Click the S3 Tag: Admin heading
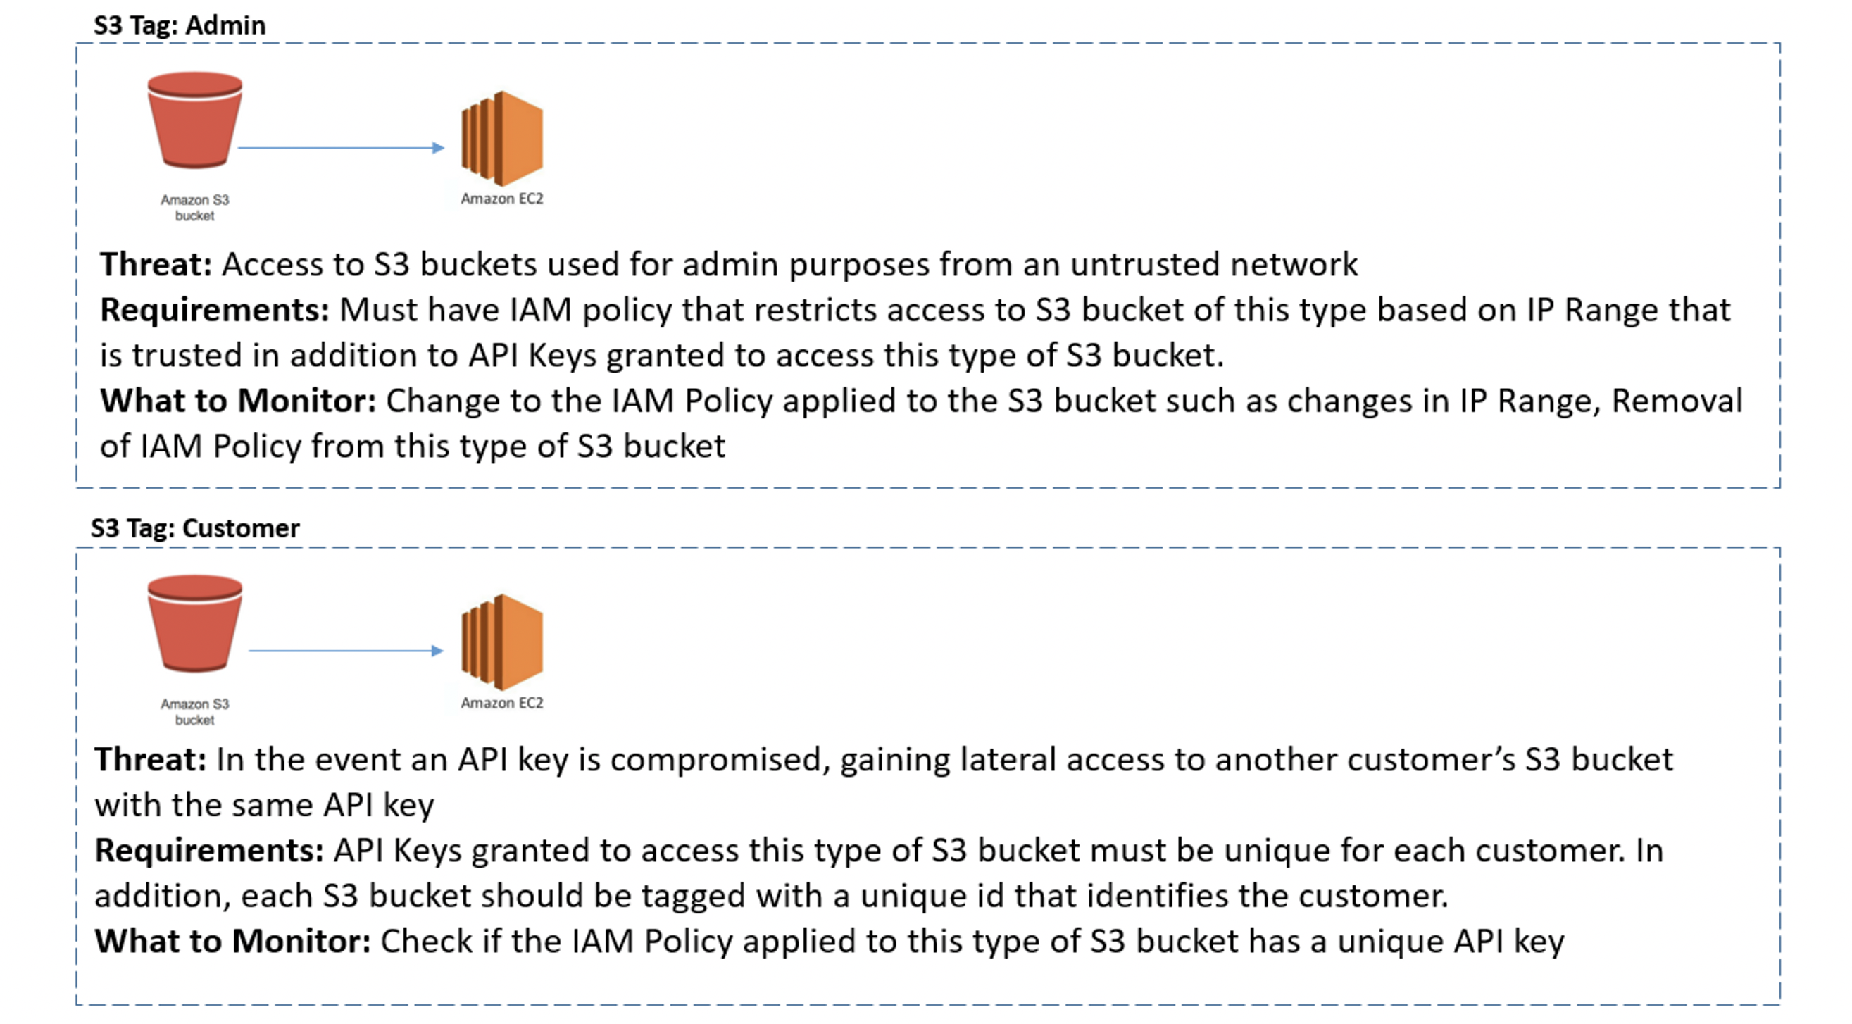[x=179, y=25]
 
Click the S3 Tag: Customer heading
[x=195, y=528]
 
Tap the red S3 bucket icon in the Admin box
[x=195, y=121]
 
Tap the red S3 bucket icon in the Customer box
[x=195, y=624]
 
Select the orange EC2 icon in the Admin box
[x=502, y=138]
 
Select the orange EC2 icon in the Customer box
[x=502, y=642]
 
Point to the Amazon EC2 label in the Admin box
[x=502, y=199]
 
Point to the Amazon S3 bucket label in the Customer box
[x=195, y=712]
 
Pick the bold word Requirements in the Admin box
[x=214, y=310]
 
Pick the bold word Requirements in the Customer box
[x=209, y=851]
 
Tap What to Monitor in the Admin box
[x=238, y=401]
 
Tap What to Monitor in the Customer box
[x=232, y=942]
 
